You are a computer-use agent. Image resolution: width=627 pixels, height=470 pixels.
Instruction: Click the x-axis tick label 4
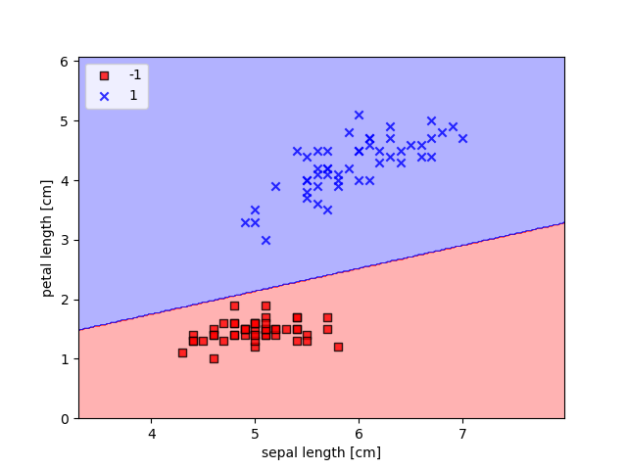tap(152, 434)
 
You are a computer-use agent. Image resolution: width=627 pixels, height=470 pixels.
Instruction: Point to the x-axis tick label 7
tap(461, 434)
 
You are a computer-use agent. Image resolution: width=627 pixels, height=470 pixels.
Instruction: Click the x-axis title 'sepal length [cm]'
tap(321, 452)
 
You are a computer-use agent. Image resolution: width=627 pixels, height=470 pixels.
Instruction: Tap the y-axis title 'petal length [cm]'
tap(47, 238)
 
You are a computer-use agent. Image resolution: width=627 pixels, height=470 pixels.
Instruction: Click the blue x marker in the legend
tap(104, 95)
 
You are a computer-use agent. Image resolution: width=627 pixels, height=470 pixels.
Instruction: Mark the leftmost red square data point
tap(182, 352)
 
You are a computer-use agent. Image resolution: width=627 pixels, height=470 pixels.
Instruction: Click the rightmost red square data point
tap(338, 347)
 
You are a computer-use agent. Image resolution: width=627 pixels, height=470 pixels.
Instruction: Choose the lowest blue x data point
tap(265, 240)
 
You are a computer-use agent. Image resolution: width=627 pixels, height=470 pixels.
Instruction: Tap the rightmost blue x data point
tap(462, 138)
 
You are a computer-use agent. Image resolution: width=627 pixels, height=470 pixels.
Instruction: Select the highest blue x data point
tap(359, 115)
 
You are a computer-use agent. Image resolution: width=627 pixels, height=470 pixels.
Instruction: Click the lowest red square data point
tap(214, 358)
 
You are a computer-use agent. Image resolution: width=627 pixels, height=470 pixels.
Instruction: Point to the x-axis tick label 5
tap(255, 434)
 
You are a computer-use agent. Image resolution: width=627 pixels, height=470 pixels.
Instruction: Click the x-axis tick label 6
tap(359, 434)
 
